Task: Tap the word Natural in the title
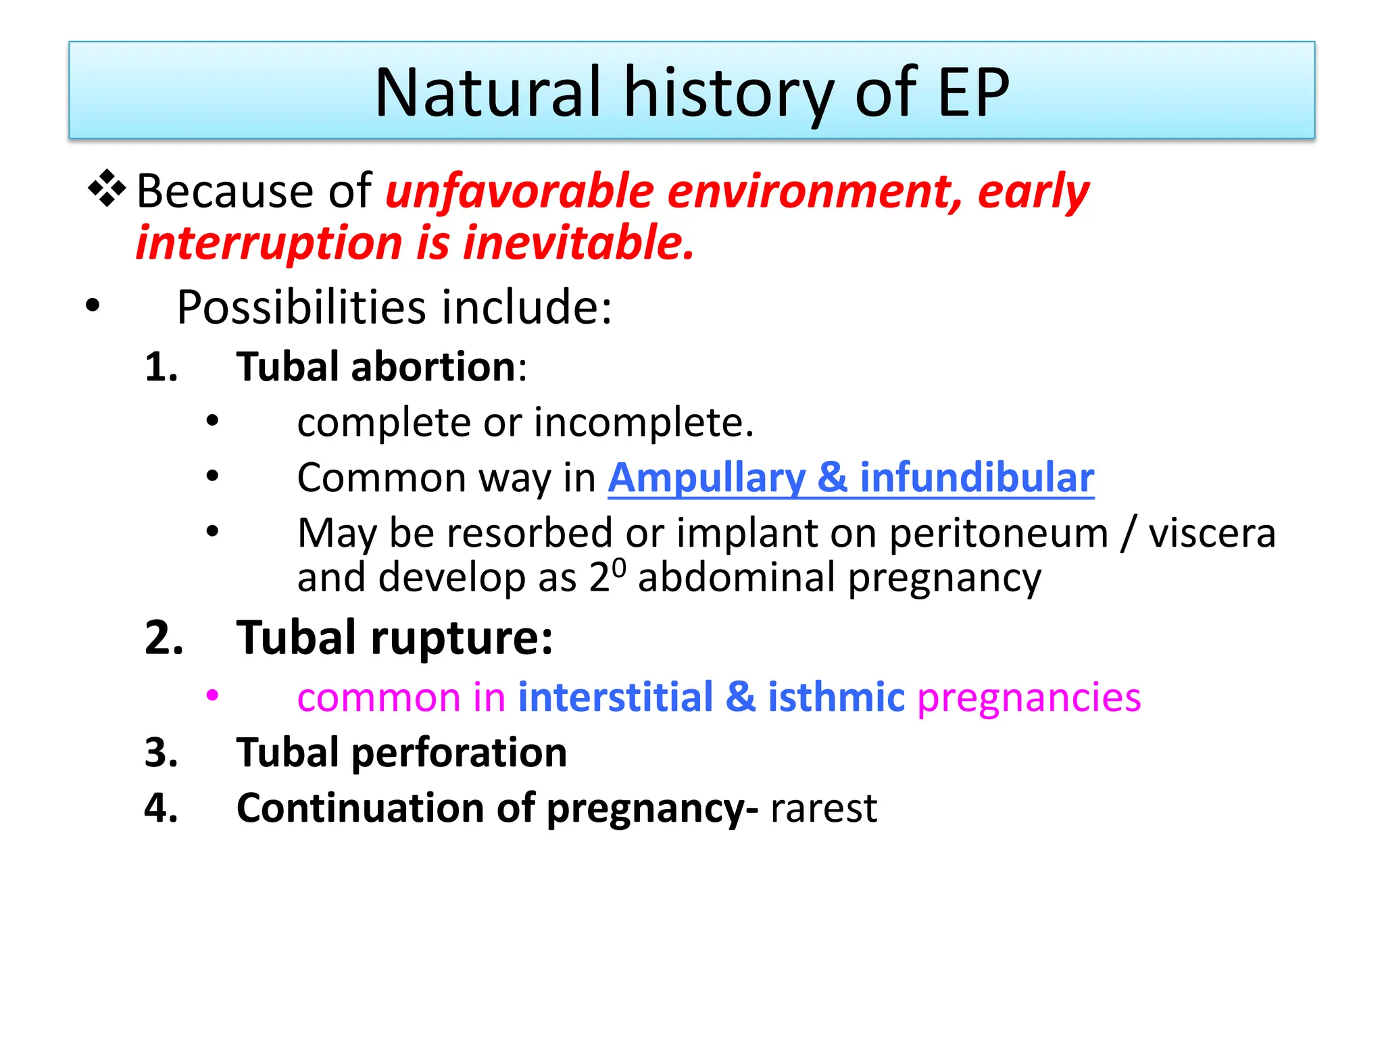click(x=487, y=93)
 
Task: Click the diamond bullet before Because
click(x=107, y=189)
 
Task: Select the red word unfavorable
click(x=519, y=191)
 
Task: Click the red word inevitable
click(x=578, y=243)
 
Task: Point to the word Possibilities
click(x=301, y=307)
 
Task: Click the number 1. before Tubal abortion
click(x=162, y=368)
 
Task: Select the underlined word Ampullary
click(x=707, y=478)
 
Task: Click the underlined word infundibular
click(x=977, y=478)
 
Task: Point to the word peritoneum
click(x=999, y=534)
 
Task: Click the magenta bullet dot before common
click(x=213, y=695)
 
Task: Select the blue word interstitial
click(x=615, y=697)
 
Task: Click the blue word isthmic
click(x=836, y=697)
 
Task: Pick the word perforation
click(x=459, y=753)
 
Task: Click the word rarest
click(x=823, y=808)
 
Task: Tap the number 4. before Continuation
click(x=162, y=808)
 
